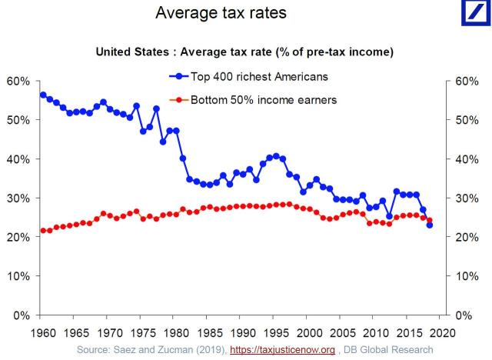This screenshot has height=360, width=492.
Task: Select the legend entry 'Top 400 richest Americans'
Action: pyautogui.click(x=250, y=76)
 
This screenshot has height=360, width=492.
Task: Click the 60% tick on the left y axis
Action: pyautogui.click(x=18, y=81)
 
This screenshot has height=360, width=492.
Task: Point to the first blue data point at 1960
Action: pyautogui.click(x=43, y=95)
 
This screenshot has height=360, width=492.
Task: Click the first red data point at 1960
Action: pyautogui.click(x=43, y=231)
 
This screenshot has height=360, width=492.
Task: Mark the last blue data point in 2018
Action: pyautogui.click(x=429, y=225)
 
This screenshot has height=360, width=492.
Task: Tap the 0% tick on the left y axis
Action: pyautogui.click(x=21, y=315)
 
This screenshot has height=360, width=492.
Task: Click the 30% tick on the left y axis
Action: pyautogui.click(x=18, y=198)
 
